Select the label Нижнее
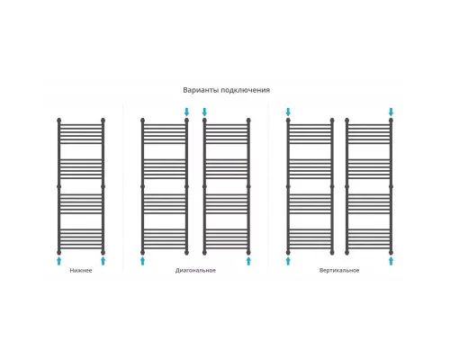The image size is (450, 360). pos(81,270)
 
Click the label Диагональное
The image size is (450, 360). pos(195,270)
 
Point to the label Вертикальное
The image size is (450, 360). pos(339,270)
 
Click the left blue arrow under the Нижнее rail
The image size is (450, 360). pos(58,261)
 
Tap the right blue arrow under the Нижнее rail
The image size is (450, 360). pos(103,261)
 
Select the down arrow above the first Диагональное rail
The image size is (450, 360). pos(186,112)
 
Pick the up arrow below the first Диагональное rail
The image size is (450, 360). pos(142,261)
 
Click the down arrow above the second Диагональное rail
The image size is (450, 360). pos(204,112)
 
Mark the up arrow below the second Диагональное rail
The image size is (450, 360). pos(248,261)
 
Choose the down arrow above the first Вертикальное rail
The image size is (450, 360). pos(288,112)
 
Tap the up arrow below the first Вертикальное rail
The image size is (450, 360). pos(288,261)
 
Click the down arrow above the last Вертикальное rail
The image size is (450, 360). pos(391,112)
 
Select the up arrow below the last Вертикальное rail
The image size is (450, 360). pos(391,261)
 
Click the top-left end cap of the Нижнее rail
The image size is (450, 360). pos(58,121)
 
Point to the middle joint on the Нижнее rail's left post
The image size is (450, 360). pos(58,186)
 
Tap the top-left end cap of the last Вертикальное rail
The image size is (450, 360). pos(347,121)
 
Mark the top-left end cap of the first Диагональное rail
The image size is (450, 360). pos(142,121)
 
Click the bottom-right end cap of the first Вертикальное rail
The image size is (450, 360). pos(332,252)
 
